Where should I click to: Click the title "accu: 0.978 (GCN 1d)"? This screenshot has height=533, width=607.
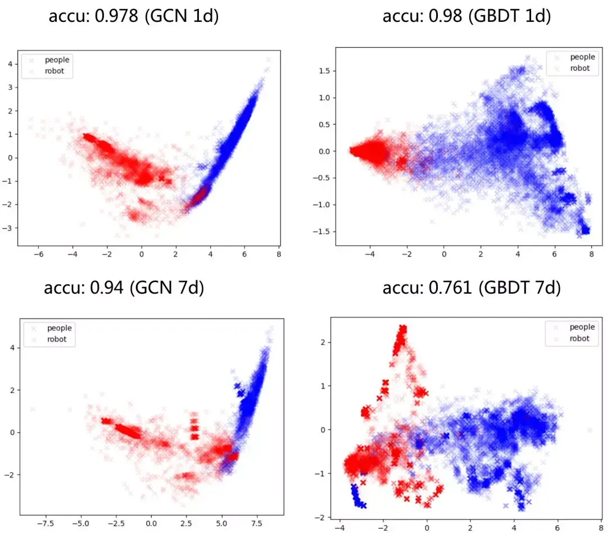134,16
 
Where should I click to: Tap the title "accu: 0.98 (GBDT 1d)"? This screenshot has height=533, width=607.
466,16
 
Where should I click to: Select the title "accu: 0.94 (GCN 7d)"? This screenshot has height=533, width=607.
124,288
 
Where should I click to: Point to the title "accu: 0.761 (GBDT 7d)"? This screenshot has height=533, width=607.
472,288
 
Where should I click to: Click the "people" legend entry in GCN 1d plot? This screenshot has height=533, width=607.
57,60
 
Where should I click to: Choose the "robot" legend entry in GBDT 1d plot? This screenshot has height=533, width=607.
579,68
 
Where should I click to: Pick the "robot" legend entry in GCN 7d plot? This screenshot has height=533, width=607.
57,339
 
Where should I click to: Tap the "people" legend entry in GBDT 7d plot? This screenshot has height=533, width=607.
582,327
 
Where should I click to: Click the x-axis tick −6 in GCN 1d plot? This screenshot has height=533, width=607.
39,254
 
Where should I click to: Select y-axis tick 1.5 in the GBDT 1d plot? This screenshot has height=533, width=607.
323,71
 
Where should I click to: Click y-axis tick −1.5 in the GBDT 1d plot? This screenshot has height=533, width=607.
321,231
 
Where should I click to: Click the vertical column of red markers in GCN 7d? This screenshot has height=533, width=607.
194,426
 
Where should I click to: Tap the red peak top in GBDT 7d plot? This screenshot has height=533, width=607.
402,329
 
